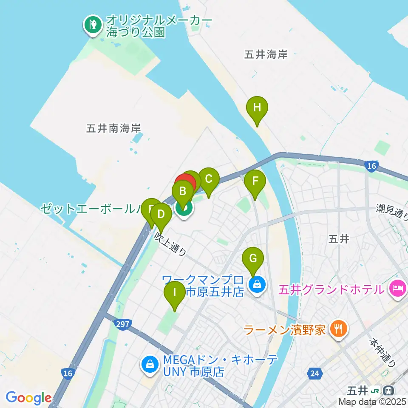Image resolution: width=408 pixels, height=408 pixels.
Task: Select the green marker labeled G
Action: click(253, 259)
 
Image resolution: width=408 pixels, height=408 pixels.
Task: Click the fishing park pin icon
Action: click(91, 25)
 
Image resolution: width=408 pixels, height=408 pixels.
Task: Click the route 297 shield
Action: click(122, 325)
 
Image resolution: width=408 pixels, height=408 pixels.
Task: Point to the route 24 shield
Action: click(314, 374)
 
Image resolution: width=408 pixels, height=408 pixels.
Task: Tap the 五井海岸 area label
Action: click(266, 54)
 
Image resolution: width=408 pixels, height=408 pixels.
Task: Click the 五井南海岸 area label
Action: click(113, 128)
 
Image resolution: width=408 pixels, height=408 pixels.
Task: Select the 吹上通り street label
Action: click(170, 244)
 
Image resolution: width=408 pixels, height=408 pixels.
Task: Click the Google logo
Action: click(28, 398)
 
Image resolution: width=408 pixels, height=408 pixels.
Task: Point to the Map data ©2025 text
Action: click(373, 402)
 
